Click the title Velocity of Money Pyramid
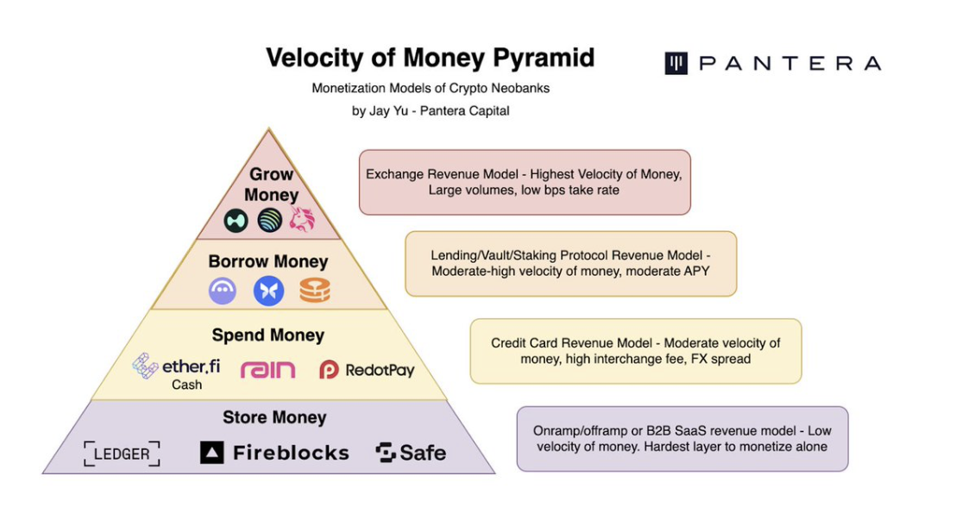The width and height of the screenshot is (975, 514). [x=430, y=58]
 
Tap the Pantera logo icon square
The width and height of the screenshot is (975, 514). [x=676, y=63]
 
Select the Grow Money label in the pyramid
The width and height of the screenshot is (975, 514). [x=270, y=184]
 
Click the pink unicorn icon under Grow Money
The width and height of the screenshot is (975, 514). [x=302, y=221]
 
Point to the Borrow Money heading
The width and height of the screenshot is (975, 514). [x=268, y=260]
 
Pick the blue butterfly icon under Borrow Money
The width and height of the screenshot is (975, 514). [x=268, y=291]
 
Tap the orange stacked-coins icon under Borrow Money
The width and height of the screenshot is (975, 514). [x=314, y=291]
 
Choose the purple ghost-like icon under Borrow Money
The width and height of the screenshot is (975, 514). [x=223, y=291]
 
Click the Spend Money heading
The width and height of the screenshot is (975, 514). [x=268, y=335]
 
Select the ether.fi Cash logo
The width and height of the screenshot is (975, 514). [x=177, y=371]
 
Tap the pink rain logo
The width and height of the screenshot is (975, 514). [x=267, y=369]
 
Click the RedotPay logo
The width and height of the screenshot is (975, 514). [x=367, y=370]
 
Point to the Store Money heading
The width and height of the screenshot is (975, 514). [x=274, y=417]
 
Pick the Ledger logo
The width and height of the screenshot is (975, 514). [x=122, y=454]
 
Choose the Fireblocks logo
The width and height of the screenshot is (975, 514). [x=274, y=453]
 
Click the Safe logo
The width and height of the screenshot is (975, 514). [x=411, y=453]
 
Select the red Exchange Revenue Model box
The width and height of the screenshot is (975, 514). [x=525, y=182]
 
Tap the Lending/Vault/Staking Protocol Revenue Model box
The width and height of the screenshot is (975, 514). [x=571, y=263]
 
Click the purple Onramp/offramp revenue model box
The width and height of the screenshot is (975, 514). [x=682, y=439]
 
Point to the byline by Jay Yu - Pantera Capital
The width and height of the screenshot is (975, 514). [x=430, y=110]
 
